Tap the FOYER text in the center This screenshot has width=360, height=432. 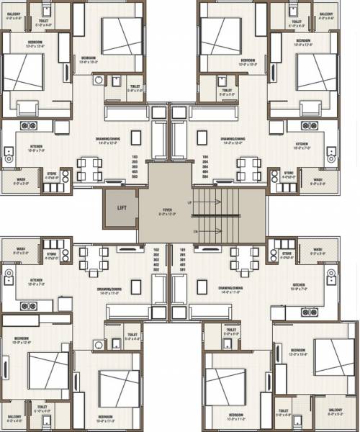[x=166, y=211]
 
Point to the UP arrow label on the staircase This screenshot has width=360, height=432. [x=189, y=204]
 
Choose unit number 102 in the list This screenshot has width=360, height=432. [x=156, y=250]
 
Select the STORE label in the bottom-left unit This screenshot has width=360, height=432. [x=52, y=254]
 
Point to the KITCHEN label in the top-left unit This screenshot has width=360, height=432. [x=36, y=146]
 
